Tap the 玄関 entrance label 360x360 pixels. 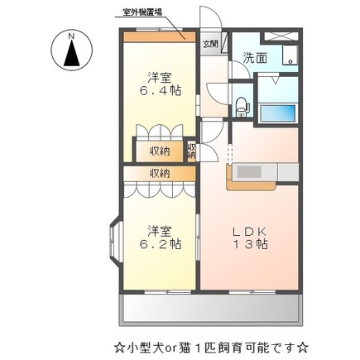210,44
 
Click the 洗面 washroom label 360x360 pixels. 254,58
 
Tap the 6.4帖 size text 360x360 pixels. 159,91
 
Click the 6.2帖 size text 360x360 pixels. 159,246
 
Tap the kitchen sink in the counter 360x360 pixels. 247,172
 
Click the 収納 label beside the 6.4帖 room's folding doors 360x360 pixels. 160,151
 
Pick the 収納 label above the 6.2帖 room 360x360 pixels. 160,173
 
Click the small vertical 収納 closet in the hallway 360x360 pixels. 191,150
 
